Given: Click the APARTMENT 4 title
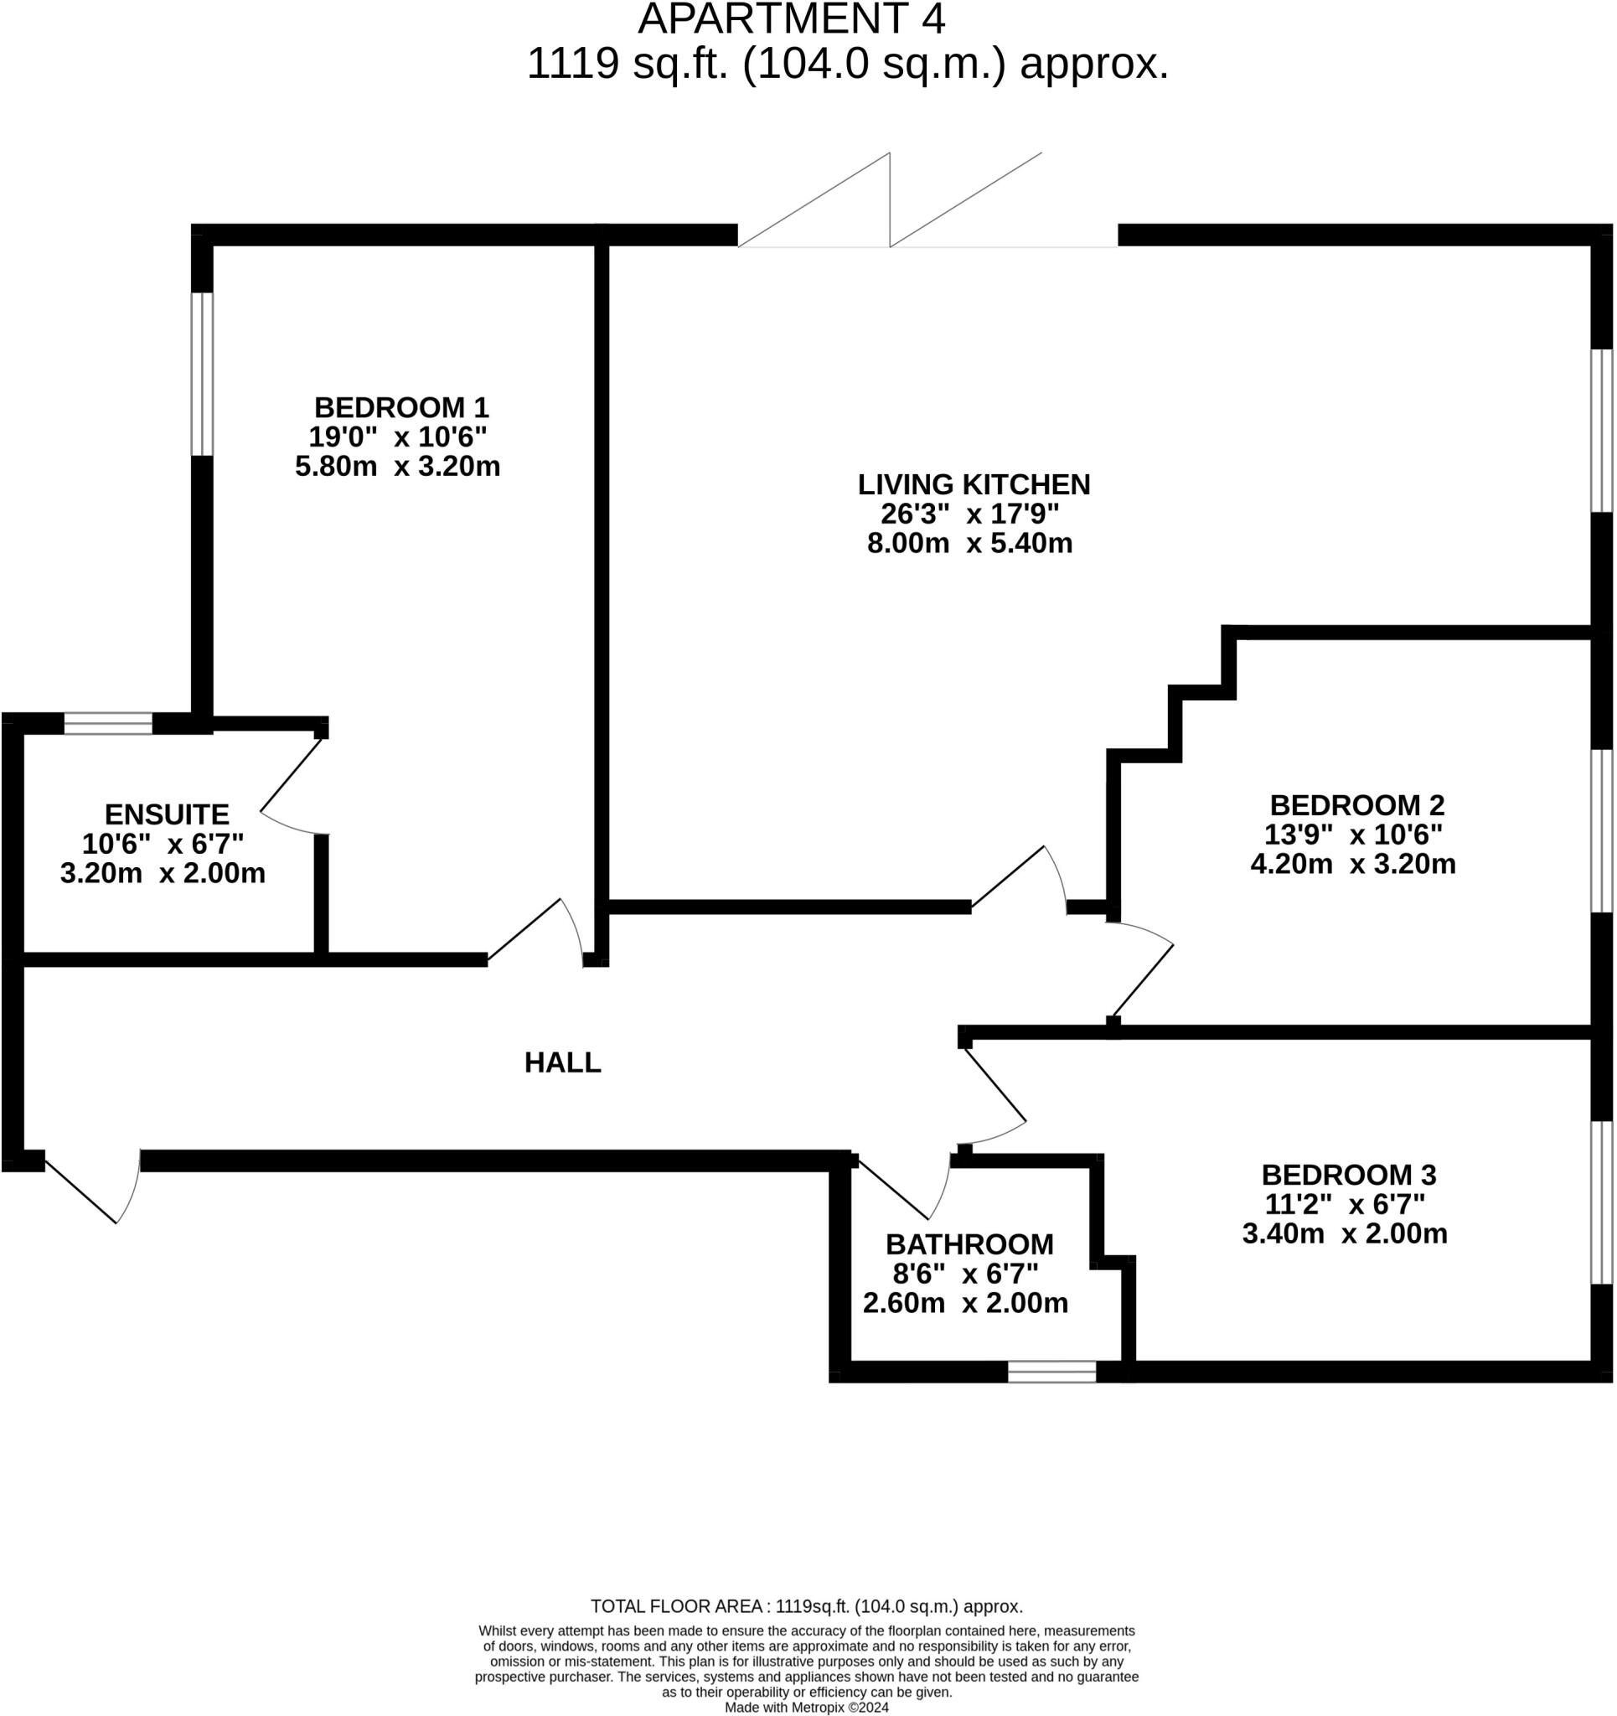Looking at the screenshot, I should pos(791,20).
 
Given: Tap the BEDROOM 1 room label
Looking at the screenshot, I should pos(401,407).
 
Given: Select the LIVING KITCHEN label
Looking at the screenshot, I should pos(973,484).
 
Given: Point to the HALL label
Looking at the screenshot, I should pos(562,1062).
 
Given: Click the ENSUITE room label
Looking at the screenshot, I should pos(167,814).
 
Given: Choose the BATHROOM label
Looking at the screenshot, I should pos(969,1243).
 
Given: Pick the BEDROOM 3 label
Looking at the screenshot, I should pos(1349,1174).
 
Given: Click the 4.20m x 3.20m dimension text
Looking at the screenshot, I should pos(1353,863).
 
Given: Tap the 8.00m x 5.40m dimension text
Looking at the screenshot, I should pos(969,543).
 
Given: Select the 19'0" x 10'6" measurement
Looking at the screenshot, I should pos(397,437).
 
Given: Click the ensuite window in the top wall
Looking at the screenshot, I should pos(108,722).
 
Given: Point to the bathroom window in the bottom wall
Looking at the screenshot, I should pos(1051,1372).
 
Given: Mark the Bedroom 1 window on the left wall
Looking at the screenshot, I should pos(201,374).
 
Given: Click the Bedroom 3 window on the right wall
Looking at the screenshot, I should pos(1601,1202).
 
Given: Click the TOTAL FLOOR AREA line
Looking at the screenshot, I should pos(806,1605).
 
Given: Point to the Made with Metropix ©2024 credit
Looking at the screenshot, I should pos(806,1707).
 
